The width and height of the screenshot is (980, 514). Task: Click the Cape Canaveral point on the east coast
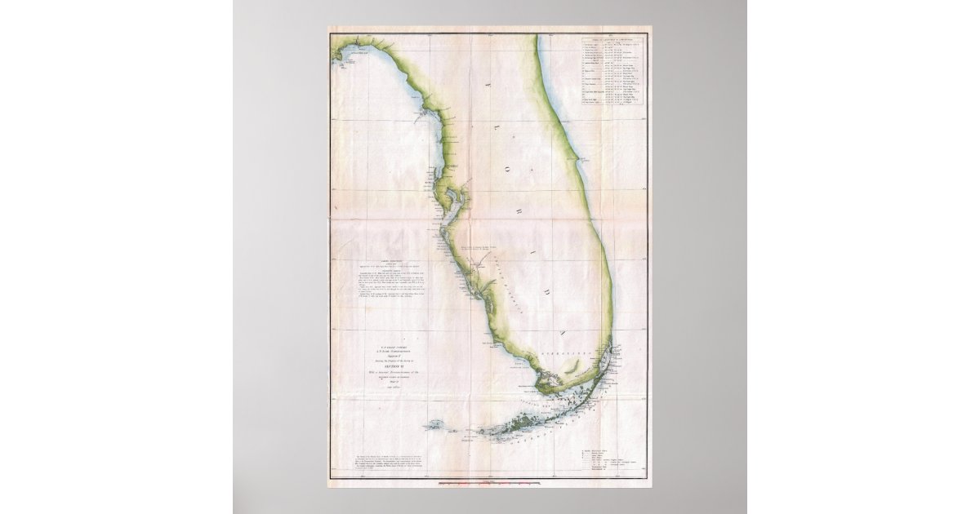(x=581, y=154)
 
